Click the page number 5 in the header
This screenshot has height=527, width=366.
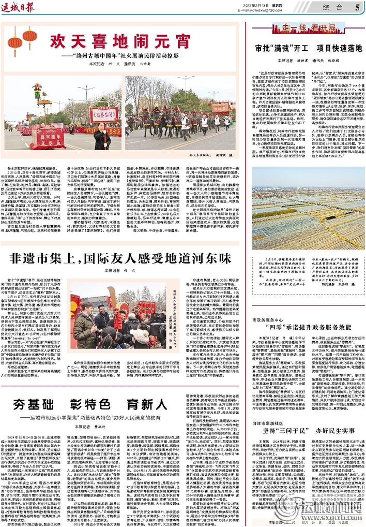[x=357, y=7]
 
